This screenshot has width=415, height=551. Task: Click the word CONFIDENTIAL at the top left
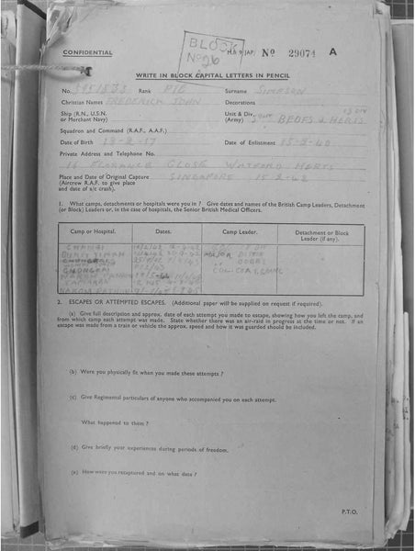(87, 53)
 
